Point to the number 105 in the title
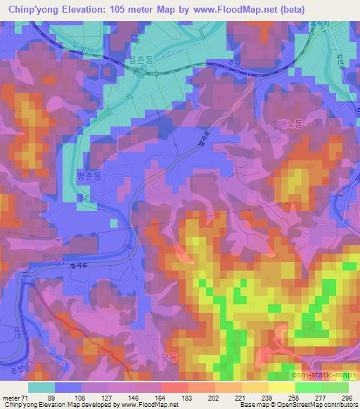pos(134,10)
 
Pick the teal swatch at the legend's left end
pos(41,387)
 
